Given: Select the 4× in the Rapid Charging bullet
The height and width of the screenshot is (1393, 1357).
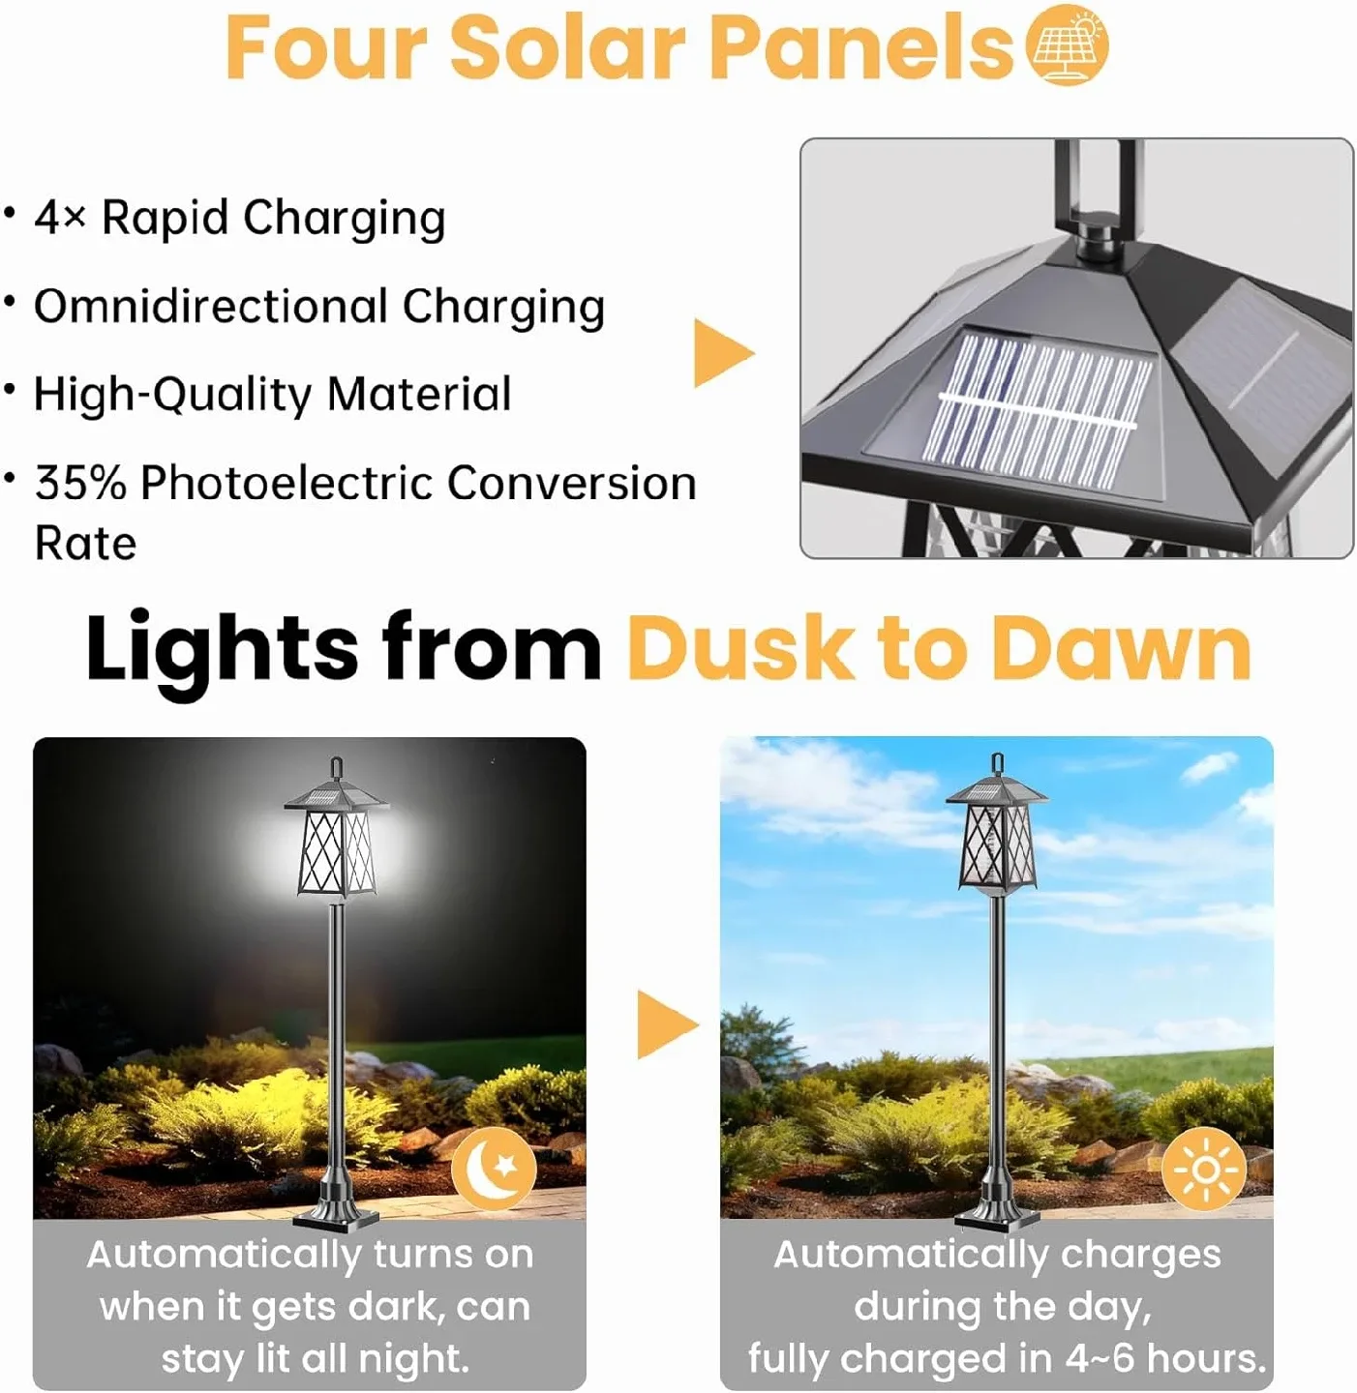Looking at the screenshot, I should pyautogui.click(x=60, y=217).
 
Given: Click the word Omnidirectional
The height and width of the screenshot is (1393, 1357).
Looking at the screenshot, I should pyautogui.click(x=210, y=307).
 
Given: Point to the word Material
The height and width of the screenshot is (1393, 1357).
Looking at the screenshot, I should pyautogui.click(x=418, y=395).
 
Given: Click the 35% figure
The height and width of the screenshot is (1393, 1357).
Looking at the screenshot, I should pyautogui.click(x=80, y=483).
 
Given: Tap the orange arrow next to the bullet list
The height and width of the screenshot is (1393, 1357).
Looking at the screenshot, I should pyautogui.click(x=722, y=353).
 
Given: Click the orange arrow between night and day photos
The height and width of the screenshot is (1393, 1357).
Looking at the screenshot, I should pyautogui.click(x=666, y=1025).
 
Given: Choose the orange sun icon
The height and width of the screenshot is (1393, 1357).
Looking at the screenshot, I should pyautogui.click(x=1204, y=1170).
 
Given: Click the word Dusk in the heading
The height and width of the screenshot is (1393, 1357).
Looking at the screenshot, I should pyautogui.click(x=740, y=648).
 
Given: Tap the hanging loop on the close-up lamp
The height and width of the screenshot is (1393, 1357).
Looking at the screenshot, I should pyautogui.click(x=1094, y=184).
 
